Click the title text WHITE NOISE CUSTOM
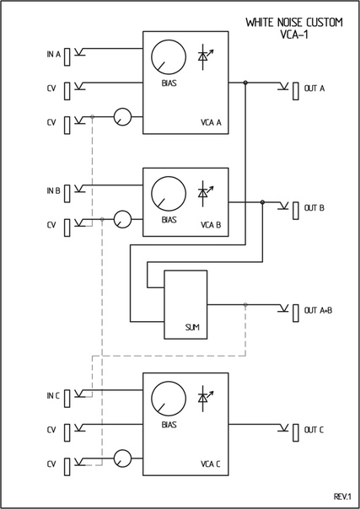pos(293,23)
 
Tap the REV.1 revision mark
pos(342,496)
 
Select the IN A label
pos(54,54)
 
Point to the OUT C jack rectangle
pos(296,432)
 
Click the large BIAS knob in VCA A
pos(169,57)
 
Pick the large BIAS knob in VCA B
pos(169,194)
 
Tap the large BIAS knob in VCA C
pos(169,399)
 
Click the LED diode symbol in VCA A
pos(205,56)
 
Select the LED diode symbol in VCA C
pos(205,399)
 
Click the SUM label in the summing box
pos(192,328)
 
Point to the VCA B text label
pos(211,225)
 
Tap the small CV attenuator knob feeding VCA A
pos(122,117)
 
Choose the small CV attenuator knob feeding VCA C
pos(122,458)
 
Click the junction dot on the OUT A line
pos(245,83)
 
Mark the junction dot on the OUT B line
pos(262,202)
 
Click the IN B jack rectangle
pos(67,194)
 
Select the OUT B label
pos(314,208)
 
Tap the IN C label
pos(53,396)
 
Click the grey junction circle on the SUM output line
pos(245,304)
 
